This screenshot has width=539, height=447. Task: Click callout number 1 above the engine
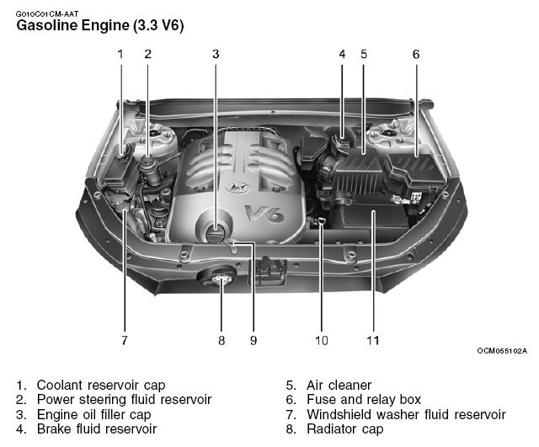click(120, 54)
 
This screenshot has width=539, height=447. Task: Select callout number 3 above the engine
click(216, 54)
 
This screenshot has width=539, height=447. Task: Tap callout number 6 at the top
click(415, 54)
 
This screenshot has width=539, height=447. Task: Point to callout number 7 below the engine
click(124, 341)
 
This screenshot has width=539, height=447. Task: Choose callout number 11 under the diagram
click(372, 341)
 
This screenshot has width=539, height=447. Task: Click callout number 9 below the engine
click(253, 341)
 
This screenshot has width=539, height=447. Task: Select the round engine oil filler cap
click(217, 231)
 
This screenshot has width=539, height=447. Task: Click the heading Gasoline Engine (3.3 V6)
click(100, 25)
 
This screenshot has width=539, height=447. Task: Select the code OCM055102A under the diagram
click(501, 351)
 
